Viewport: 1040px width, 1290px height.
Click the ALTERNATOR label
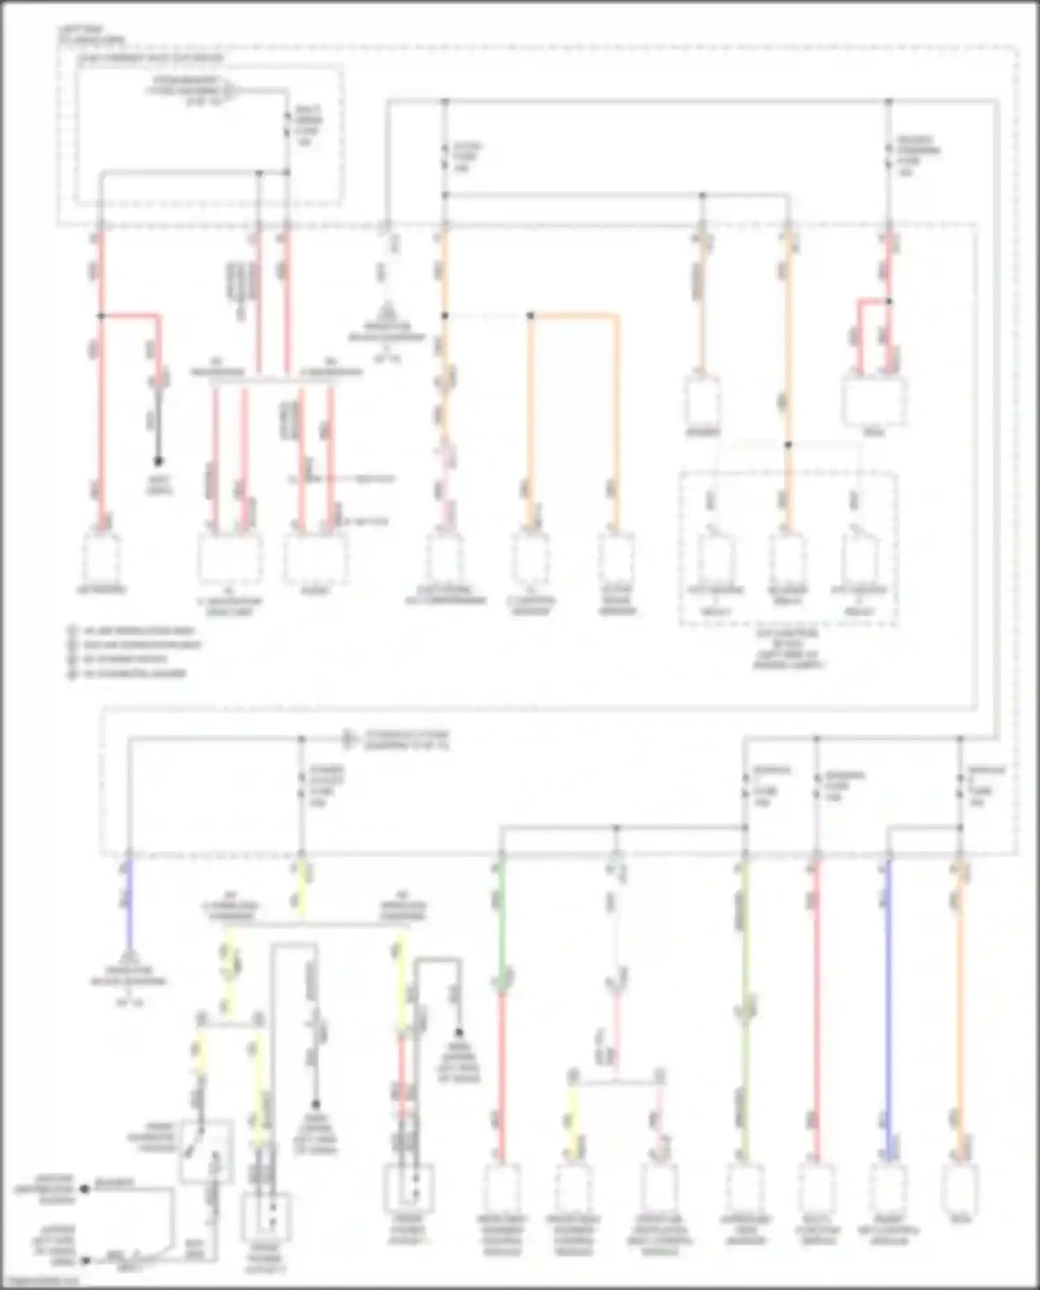[101, 590]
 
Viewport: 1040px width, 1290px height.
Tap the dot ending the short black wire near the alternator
[159, 461]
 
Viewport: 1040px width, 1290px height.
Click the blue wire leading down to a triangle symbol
[128, 901]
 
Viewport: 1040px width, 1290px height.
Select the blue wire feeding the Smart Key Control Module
[888, 1005]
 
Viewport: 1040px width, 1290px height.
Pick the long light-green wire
[745, 1005]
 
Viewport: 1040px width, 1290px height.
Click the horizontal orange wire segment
[574, 316]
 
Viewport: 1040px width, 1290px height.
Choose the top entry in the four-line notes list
[132, 631]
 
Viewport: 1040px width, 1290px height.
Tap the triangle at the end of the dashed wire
[387, 309]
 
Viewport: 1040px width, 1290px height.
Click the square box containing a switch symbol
[207, 1151]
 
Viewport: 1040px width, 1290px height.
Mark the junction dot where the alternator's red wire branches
[101, 316]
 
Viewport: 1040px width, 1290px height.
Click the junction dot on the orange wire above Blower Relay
[788, 445]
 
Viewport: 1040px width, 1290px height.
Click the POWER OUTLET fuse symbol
[302, 783]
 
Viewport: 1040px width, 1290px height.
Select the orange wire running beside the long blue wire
[960, 1005]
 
